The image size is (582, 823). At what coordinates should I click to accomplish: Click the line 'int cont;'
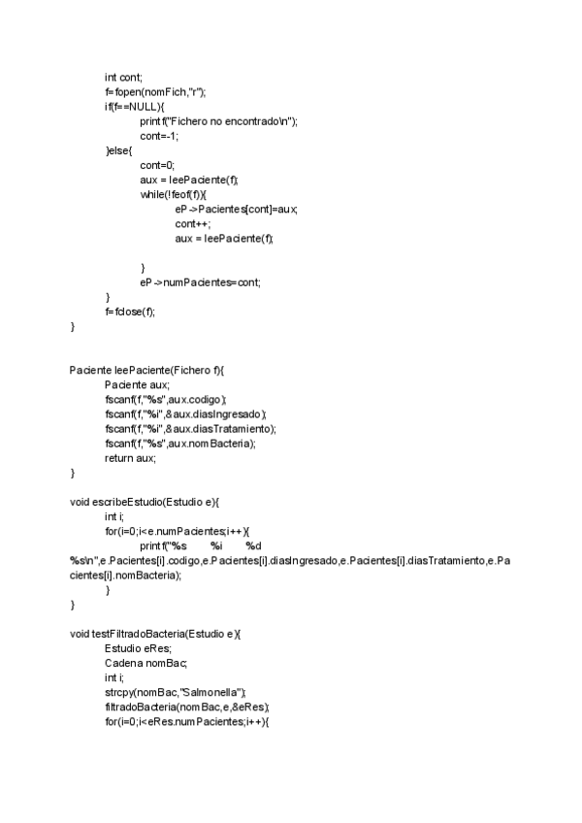(123, 78)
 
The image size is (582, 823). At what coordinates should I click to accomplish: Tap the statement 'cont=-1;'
(159, 136)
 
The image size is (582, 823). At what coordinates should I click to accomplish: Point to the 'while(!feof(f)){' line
(174, 194)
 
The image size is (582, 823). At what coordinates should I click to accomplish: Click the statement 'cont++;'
(193, 223)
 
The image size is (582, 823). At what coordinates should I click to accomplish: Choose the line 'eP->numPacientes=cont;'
(200, 281)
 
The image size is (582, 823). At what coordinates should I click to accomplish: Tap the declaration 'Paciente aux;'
(137, 385)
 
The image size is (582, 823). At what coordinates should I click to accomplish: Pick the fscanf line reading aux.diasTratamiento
(190, 429)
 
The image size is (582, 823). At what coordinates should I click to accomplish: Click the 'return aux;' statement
(130, 458)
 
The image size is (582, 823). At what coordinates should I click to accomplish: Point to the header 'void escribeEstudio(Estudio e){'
(145, 502)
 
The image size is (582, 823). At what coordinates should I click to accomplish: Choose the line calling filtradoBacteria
(186, 707)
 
